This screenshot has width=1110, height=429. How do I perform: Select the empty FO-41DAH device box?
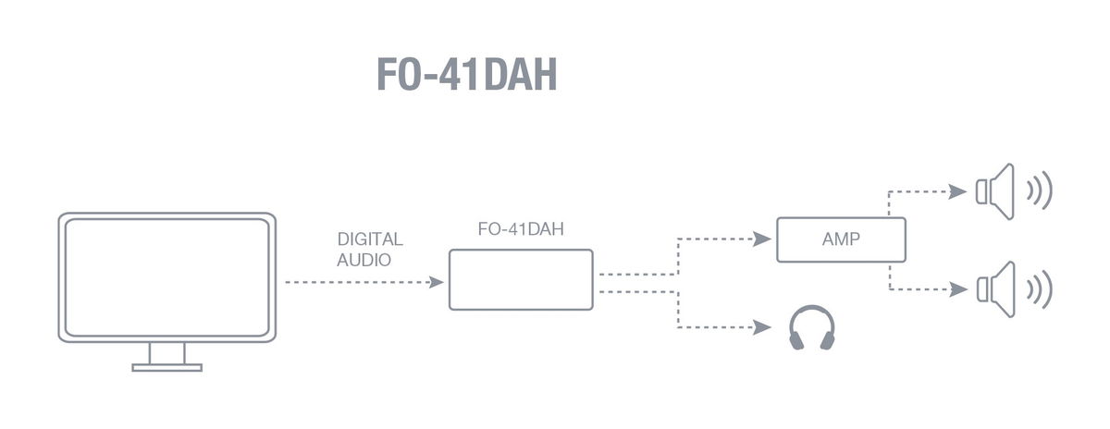(x=520, y=279)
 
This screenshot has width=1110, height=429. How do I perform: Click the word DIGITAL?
(x=370, y=239)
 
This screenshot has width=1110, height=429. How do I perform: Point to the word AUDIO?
(x=364, y=260)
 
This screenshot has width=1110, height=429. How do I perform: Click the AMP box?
(x=840, y=239)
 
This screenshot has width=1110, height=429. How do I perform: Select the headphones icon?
(x=811, y=329)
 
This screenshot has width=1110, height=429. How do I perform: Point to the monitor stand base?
(x=166, y=367)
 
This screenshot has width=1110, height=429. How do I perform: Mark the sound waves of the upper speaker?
(x=1040, y=191)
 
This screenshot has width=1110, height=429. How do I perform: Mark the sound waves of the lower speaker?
(x=1040, y=288)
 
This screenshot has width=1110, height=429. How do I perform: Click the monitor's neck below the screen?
(x=167, y=352)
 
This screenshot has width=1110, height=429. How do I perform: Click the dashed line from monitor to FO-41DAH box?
(x=356, y=281)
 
